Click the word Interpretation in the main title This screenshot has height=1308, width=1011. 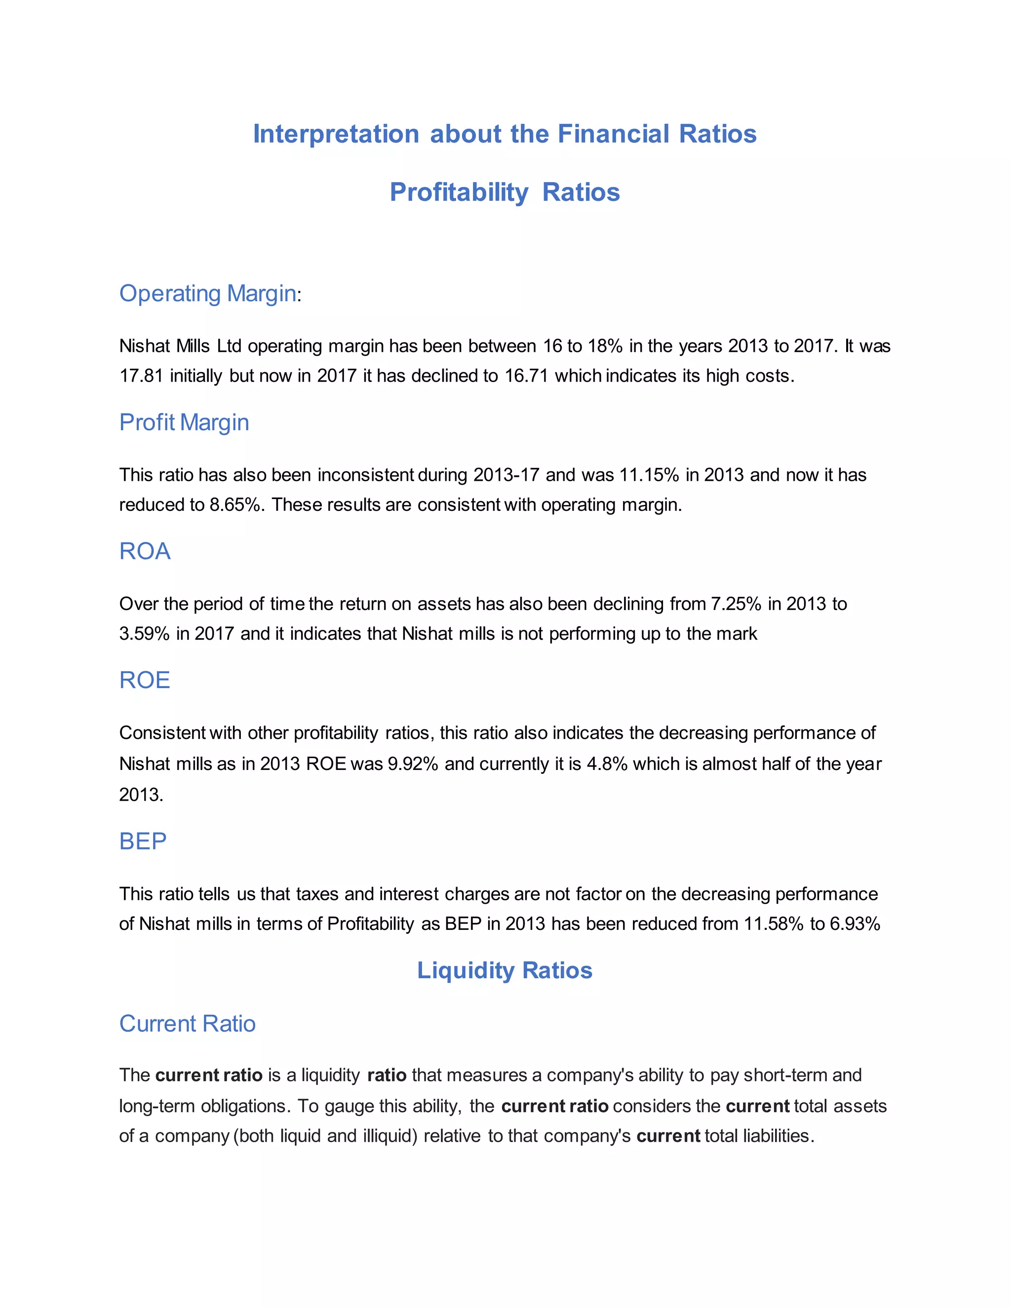pos(335,134)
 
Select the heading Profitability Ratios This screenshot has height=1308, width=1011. pos(505,192)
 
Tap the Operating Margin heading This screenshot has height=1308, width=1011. pos(207,294)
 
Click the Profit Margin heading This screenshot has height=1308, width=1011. pos(184,422)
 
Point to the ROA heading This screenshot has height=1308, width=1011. pos(145,551)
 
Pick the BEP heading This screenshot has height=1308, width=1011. pos(143,842)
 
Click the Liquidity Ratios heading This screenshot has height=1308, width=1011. pos(505,970)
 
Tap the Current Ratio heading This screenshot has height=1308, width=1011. pos(187,1024)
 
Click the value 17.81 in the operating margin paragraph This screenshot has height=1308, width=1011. pos(141,376)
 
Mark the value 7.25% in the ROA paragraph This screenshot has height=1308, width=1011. pos(736,604)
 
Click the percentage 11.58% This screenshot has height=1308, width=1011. pos(773,924)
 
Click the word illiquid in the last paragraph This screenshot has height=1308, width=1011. pos(390,1136)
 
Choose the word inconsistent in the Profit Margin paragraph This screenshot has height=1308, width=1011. pos(365,475)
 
